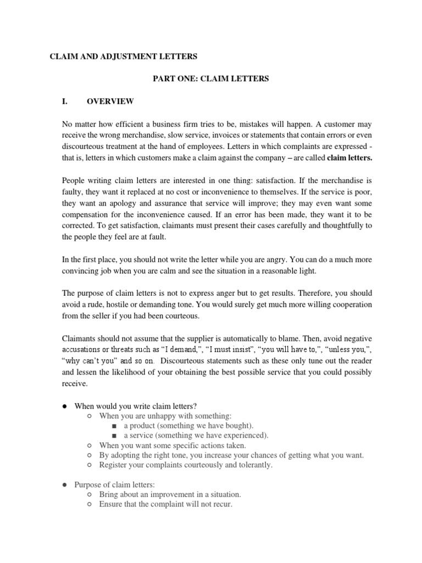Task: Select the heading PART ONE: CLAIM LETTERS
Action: (x=210, y=79)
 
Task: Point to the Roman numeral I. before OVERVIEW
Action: (x=65, y=102)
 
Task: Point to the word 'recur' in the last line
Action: (x=221, y=504)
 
